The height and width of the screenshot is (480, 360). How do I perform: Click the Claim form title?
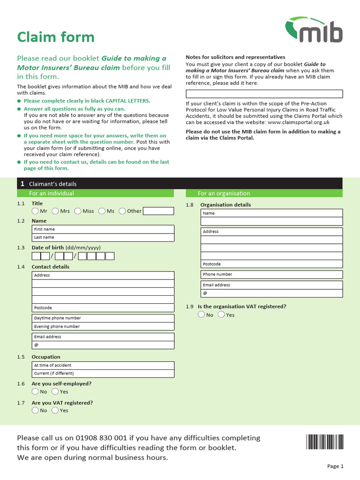[x=55, y=37]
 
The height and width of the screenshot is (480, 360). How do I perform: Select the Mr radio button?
[x=36, y=211]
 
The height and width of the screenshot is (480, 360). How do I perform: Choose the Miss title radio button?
[x=78, y=211]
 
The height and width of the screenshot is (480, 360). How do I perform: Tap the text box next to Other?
[x=158, y=211]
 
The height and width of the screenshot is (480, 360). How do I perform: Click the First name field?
[x=103, y=229]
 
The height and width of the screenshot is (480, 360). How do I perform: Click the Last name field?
[x=103, y=237]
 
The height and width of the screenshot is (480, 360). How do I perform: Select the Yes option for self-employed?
[x=55, y=391]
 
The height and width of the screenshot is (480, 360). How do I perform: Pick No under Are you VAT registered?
[x=36, y=410]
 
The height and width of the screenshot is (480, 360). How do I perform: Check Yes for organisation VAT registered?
[x=221, y=315]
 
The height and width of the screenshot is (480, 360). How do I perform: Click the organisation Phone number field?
[x=272, y=274]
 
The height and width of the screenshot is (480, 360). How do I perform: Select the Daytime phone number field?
[x=103, y=318]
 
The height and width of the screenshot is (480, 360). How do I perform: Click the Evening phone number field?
[x=103, y=326]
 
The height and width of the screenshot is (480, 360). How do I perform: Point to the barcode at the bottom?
[x=324, y=442]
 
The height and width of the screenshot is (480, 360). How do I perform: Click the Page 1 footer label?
[x=335, y=466]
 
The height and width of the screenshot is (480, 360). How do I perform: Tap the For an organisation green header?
[x=264, y=193]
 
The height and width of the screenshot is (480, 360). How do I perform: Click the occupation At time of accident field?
[x=103, y=365]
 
